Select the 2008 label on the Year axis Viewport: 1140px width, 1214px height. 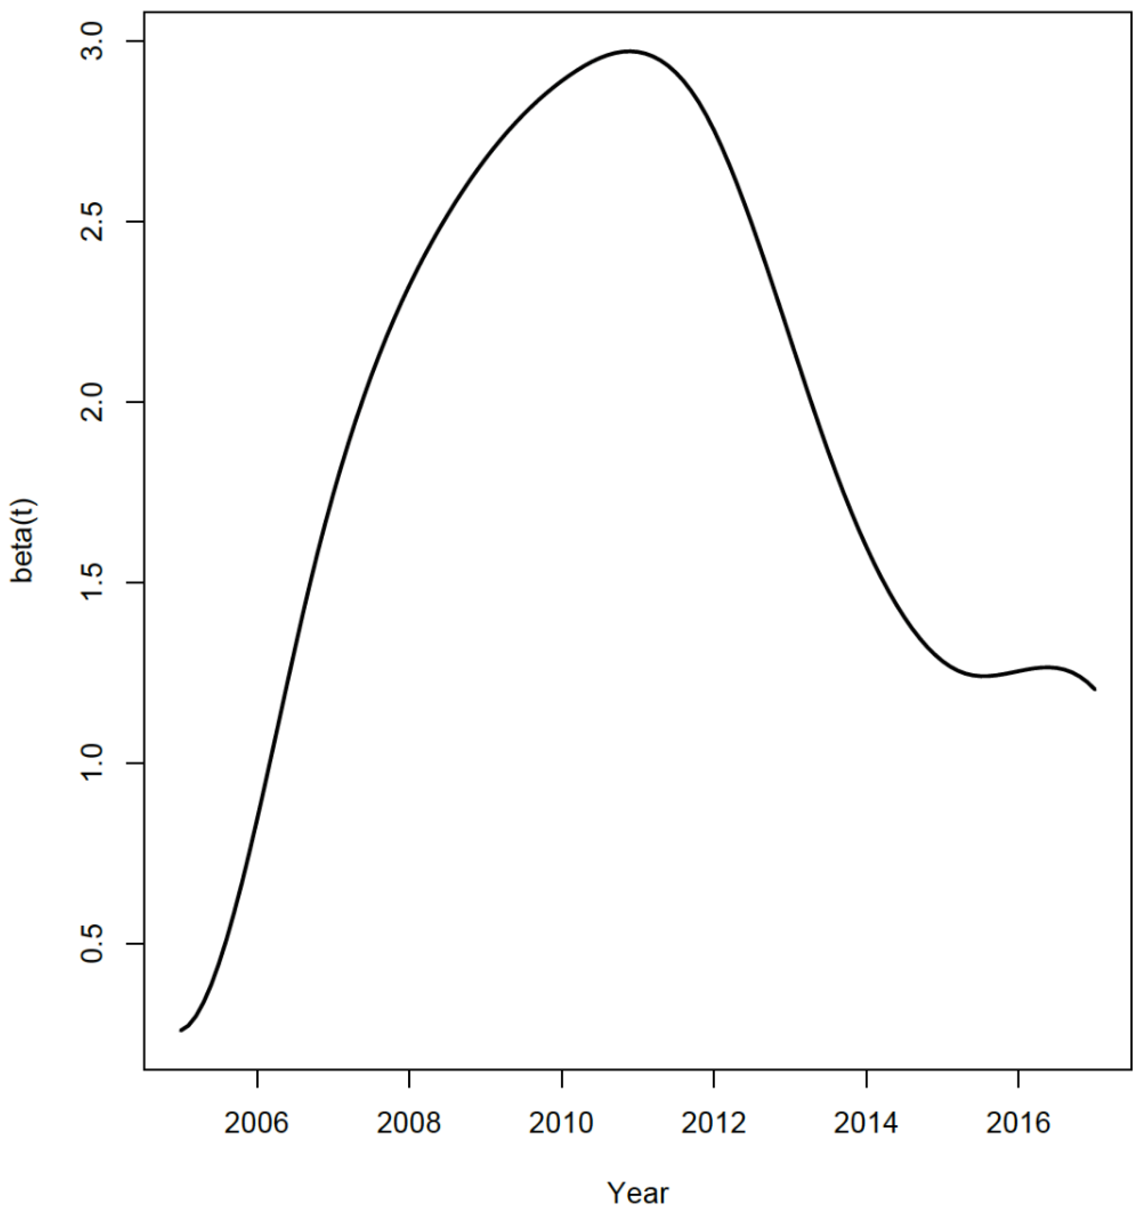pyautogui.click(x=408, y=1123)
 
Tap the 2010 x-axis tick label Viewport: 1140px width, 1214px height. pyautogui.click(x=561, y=1123)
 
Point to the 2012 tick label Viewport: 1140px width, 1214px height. pyautogui.click(x=713, y=1123)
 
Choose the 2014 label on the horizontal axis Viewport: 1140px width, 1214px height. pyautogui.click(x=866, y=1123)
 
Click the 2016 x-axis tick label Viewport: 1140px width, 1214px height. pyautogui.click(x=1018, y=1123)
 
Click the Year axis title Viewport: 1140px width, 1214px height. pyautogui.click(x=638, y=1193)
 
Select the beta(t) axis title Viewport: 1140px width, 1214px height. pyautogui.click(x=24, y=542)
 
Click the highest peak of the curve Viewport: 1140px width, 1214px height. pyautogui.click(x=630, y=51)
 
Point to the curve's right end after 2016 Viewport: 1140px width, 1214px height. pyautogui.click(x=1095, y=689)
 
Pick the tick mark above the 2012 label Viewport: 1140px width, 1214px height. pyautogui.click(x=713, y=1079)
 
